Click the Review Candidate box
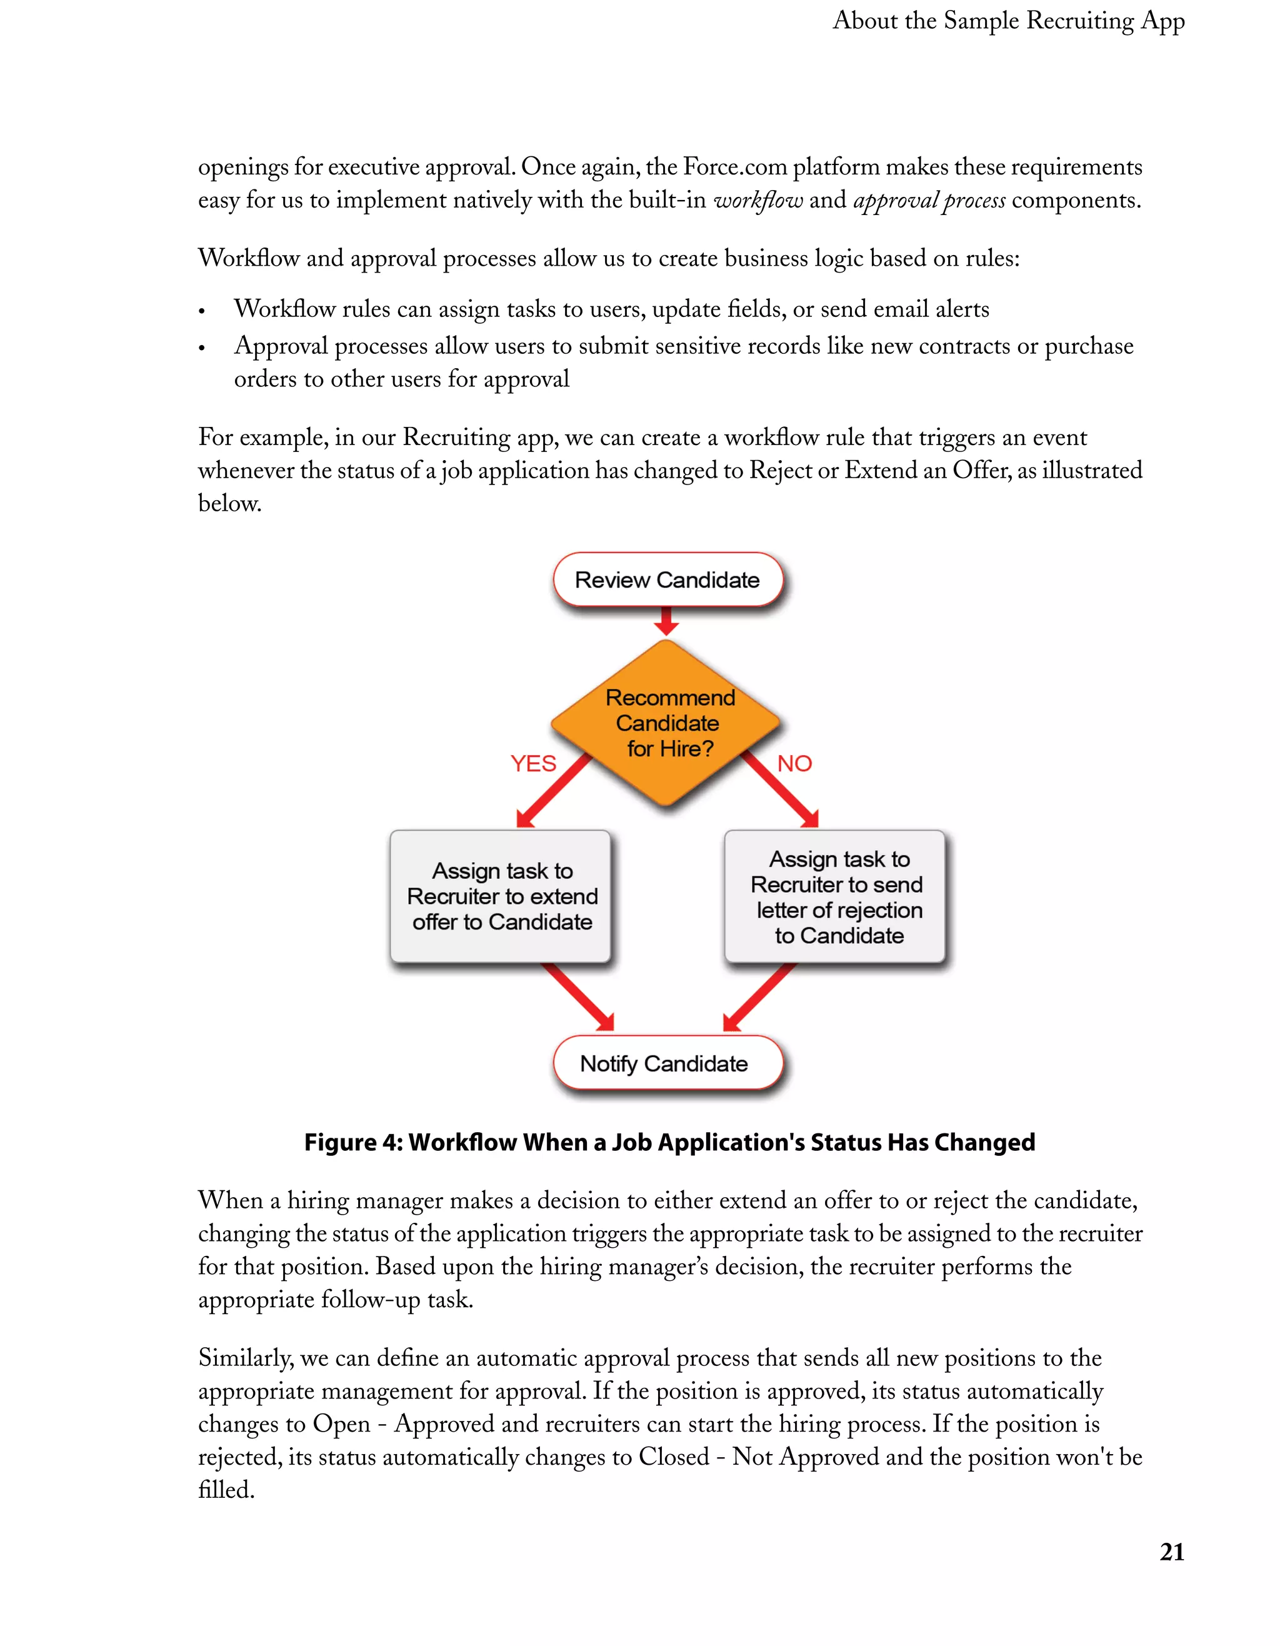(667, 580)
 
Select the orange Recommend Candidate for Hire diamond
(666, 723)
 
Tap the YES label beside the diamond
(533, 763)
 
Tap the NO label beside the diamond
(794, 763)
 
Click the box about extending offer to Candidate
(501, 896)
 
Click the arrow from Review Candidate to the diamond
(666, 622)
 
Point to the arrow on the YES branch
(553, 792)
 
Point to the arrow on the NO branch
(781, 791)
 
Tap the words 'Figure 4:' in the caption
(352, 1143)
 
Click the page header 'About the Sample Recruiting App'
(1008, 21)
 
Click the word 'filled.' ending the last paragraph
(226, 1490)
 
